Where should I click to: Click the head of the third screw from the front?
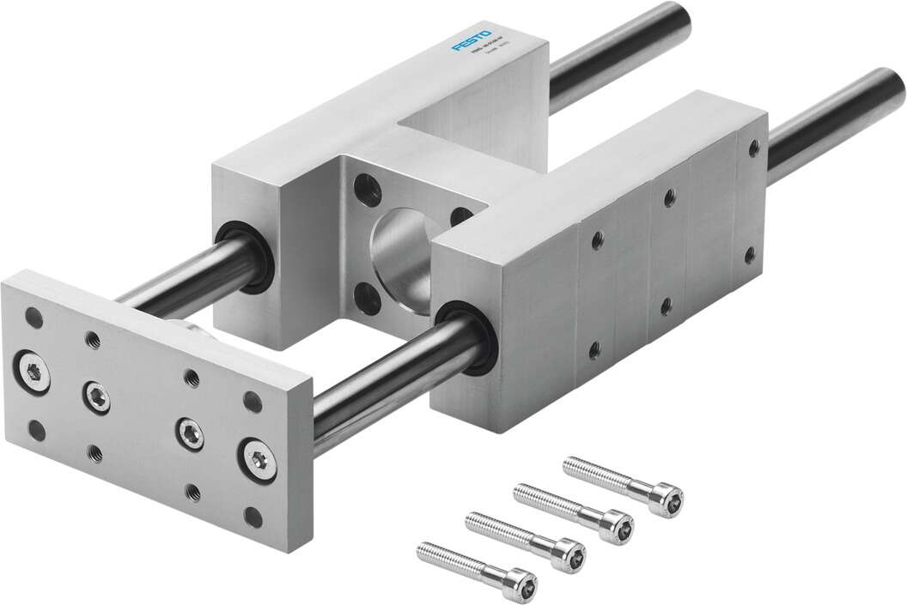(x=617, y=522)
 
